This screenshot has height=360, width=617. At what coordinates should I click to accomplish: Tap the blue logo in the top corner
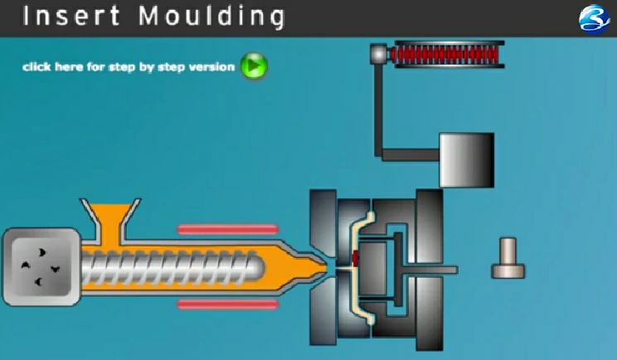coord(593,18)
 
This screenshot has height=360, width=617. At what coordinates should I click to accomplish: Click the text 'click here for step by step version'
coord(129,66)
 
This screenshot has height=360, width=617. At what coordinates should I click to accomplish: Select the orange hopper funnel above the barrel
coord(114,218)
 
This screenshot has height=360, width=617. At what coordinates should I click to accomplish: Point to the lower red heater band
coord(226,304)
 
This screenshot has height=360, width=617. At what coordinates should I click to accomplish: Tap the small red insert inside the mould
coord(355,258)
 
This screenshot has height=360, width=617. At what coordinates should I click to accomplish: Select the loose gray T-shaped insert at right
coord(508,258)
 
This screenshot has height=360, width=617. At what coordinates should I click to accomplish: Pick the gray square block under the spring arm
coord(464,159)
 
